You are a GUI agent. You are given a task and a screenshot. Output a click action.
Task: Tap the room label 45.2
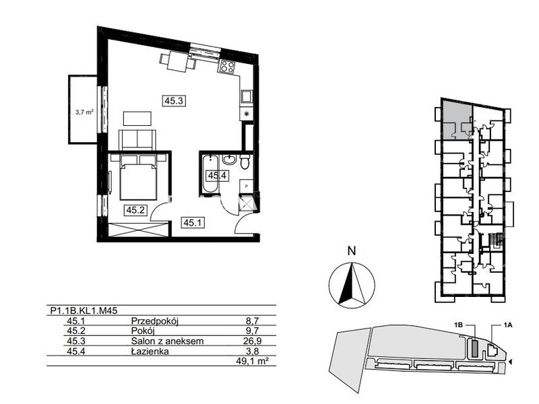pos(135,210)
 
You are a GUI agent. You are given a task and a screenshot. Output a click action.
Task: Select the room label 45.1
pos(193,223)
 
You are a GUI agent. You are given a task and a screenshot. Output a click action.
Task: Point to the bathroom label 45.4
pos(216,176)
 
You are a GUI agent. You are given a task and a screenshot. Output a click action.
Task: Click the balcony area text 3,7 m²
pos(85,111)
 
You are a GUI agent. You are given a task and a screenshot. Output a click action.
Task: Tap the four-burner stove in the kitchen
pos(227,66)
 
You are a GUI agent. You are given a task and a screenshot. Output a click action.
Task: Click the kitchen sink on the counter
pos(247,96)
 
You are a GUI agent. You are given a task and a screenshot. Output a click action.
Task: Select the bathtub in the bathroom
pos(210,174)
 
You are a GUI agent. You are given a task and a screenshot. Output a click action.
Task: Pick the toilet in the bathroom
pos(245,161)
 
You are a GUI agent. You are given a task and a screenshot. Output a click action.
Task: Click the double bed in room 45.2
pos(138,177)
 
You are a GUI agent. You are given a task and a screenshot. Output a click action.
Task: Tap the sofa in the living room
pos(137,139)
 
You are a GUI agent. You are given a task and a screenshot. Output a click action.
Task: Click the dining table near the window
pos(178,62)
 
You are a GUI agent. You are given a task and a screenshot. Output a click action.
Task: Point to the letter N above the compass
pos(351,250)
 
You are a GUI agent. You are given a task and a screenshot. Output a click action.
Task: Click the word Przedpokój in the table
pos(155,321)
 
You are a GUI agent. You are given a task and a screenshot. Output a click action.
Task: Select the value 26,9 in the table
pos(254,341)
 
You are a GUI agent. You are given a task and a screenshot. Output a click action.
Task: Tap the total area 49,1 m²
pos(251,361)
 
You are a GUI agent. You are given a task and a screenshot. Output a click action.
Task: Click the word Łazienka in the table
pos(150,351)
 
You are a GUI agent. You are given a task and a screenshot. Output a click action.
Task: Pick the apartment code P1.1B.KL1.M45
pos(84,310)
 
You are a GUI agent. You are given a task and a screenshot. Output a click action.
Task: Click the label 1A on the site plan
pos(507,325)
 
